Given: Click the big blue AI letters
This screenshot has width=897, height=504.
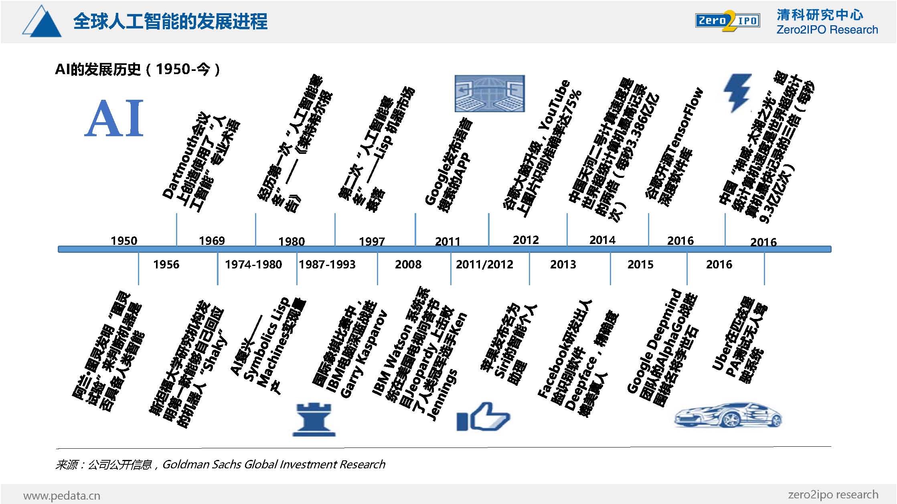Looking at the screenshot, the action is (x=114, y=118).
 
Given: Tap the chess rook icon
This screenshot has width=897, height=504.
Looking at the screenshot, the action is (x=314, y=419).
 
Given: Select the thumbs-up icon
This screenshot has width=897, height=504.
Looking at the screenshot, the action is (x=483, y=417).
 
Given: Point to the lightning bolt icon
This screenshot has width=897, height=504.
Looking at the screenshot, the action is (x=737, y=93).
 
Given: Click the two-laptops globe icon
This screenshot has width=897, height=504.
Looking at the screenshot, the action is (x=490, y=93).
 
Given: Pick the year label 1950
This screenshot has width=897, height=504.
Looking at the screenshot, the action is (x=124, y=241).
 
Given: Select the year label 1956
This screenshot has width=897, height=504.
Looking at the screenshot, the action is (x=166, y=264).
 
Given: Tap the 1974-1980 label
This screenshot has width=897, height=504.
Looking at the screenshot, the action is (x=253, y=264).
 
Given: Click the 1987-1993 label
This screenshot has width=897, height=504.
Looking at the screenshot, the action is (x=327, y=264).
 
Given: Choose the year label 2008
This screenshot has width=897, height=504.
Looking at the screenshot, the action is (x=408, y=264).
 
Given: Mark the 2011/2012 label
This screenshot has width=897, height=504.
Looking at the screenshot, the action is (x=484, y=264).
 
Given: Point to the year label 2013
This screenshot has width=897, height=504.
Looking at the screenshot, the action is (x=563, y=264).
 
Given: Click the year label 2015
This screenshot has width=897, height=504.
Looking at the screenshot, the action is (x=640, y=264).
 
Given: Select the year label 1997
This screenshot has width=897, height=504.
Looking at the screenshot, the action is (x=372, y=242).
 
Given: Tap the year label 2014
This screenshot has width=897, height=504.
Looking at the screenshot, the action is (x=602, y=240).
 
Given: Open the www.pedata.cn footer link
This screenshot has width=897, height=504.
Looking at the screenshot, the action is (x=62, y=496).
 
